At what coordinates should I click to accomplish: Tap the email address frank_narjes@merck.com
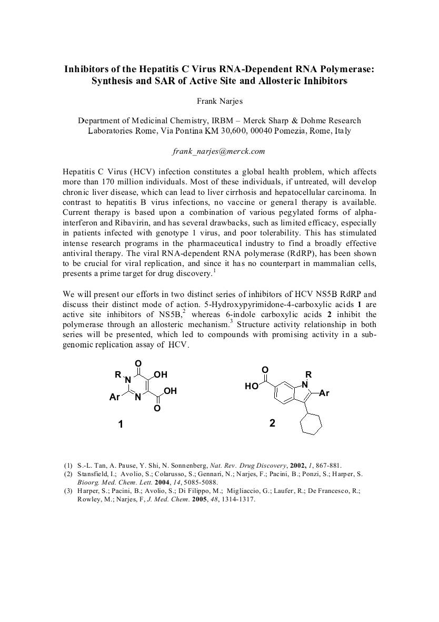point(219,151)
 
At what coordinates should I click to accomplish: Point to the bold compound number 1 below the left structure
point(121,423)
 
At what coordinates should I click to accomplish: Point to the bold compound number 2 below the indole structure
point(272,422)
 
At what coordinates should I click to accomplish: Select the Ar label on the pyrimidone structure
point(114,398)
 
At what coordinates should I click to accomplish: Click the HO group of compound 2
point(252,386)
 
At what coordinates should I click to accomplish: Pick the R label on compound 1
point(118,375)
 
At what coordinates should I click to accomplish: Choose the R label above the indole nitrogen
point(309,374)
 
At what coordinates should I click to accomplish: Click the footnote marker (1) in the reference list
point(68,466)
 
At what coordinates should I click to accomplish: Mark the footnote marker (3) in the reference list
point(68,491)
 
